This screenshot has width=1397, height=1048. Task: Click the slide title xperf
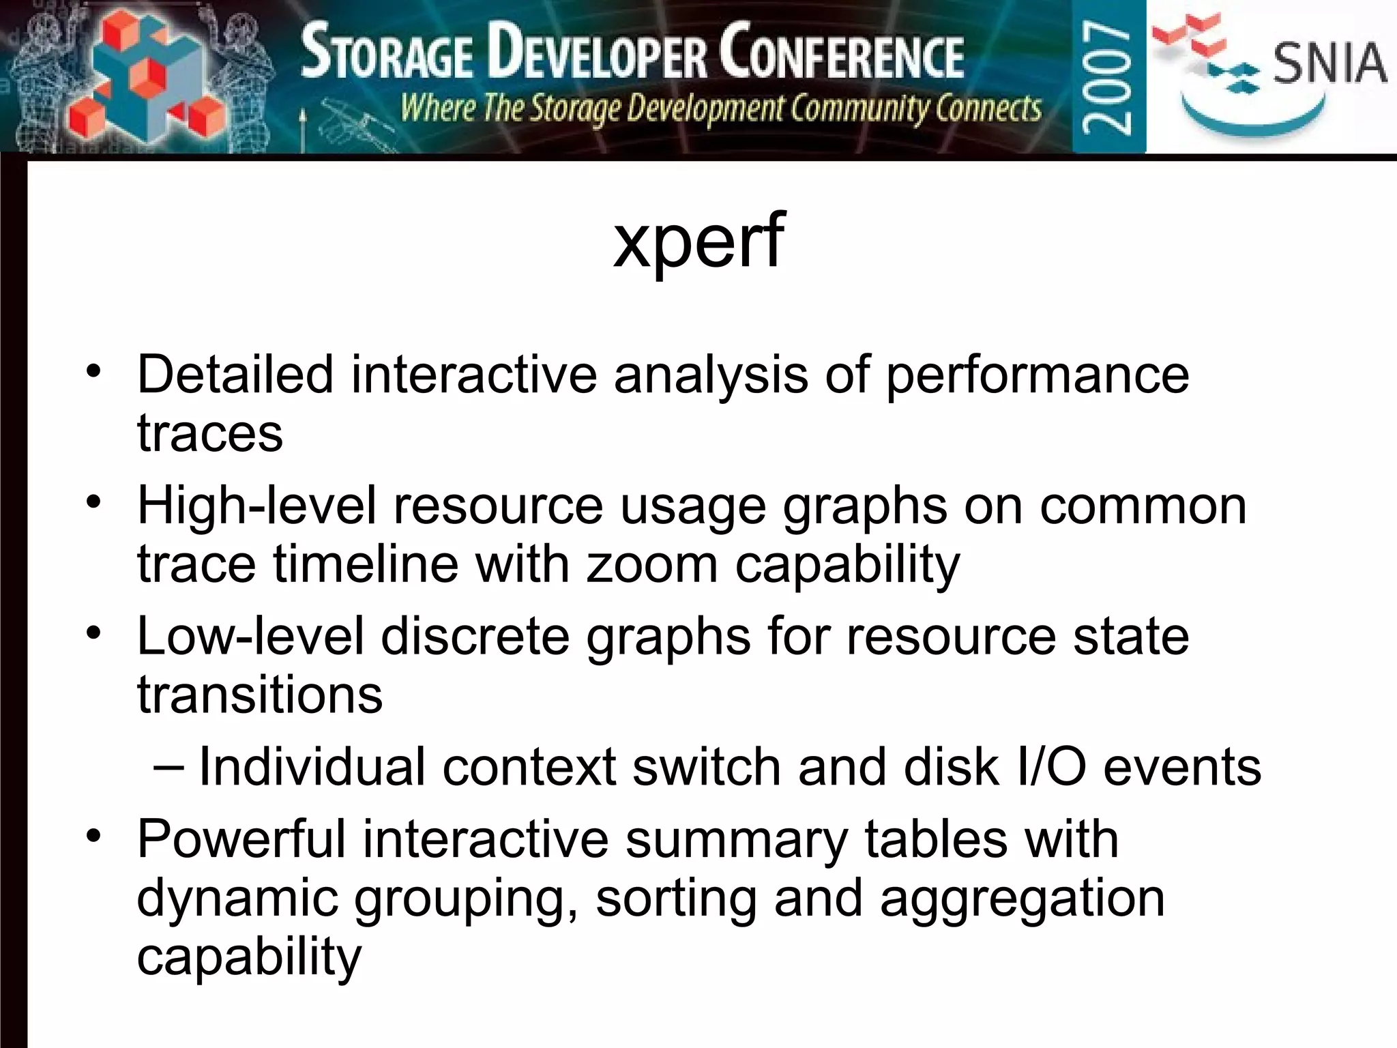(x=698, y=240)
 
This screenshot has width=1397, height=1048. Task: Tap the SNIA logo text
(x=1329, y=63)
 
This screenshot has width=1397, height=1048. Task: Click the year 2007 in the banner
(x=1108, y=76)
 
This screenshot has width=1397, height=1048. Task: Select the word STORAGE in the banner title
(x=387, y=53)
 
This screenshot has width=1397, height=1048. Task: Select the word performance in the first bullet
(x=1037, y=375)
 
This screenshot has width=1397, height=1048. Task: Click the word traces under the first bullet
(x=210, y=433)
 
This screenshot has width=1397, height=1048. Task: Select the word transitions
(x=260, y=695)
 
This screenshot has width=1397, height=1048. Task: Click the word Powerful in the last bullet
(x=241, y=839)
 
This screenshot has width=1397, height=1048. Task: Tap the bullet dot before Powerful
(x=93, y=835)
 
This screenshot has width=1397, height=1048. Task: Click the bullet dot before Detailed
(x=93, y=371)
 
